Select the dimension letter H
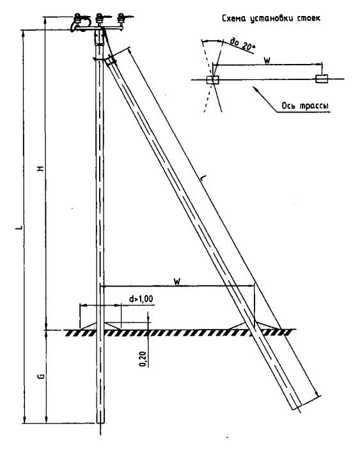point(42,168)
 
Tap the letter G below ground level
point(42,376)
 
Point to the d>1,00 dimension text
point(141,299)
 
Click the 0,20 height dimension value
point(143,359)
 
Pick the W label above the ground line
point(177,281)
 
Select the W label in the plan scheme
point(267,60)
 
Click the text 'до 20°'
point(241,44)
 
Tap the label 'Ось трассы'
point(305,106)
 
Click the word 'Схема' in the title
point(234,18)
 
